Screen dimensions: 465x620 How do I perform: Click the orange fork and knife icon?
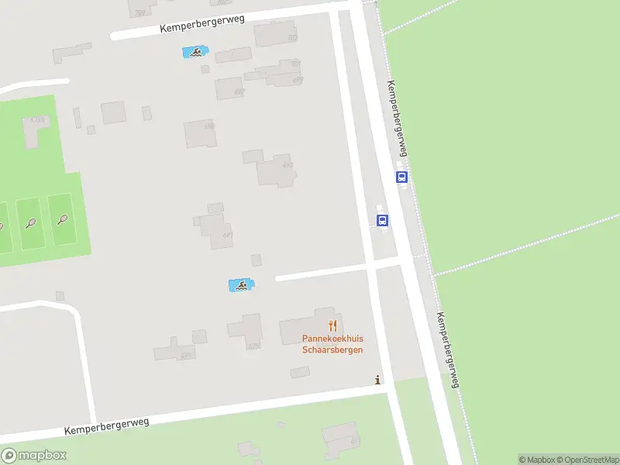tap(333, 325)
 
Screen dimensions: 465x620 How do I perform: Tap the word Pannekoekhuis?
tap(332, 339)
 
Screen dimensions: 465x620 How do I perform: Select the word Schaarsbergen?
tap(332, 350)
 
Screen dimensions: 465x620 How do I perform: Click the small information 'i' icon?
tap(377, 380)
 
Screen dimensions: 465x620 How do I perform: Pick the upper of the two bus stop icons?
tap(401, 177)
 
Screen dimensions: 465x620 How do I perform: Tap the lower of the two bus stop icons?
tap(382, 220)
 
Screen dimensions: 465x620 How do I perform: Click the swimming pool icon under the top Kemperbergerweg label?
tap(195, 53)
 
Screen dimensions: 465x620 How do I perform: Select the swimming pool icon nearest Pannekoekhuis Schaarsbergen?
tap(240, 285)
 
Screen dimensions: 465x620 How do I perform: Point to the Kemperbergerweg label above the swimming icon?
tap(202, 23)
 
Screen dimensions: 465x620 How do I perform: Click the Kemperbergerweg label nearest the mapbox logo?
tap(106, 425)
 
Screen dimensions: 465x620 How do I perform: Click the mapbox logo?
tap(33, 456)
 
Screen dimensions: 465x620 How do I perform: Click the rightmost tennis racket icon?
tap(62, 220)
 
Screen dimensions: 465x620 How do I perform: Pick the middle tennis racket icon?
tap(30, 222)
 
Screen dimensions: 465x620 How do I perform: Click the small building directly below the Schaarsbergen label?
tap(300, 373)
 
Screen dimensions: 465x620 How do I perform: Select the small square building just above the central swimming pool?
tap(257, 260)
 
